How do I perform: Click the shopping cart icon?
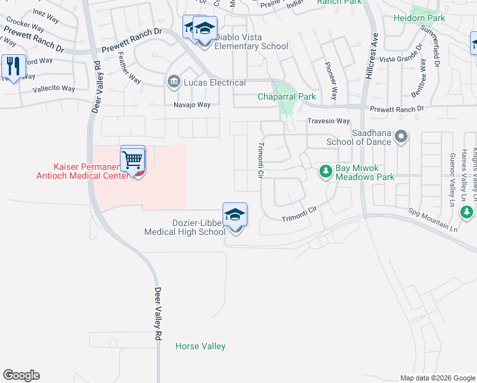point(133,158)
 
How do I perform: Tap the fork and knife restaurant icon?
point(13,65)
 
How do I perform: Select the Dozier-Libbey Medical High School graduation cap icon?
point(235,215)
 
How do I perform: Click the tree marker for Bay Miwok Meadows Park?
point(326,171)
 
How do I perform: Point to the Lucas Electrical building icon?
point(173,82)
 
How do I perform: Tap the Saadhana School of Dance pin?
point(401,136)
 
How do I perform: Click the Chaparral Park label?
point(286,97)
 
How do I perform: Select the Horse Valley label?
point(200,346)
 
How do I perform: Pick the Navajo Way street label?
point(192,105)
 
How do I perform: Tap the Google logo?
point(21,375)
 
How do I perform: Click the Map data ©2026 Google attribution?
point(437,378)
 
